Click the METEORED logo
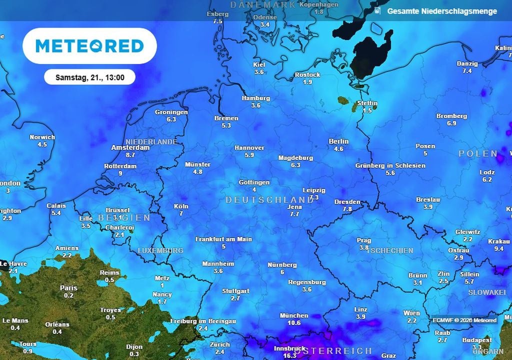pos(89,46)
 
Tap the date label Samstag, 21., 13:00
pos(89,77)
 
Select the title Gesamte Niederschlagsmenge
pos(442,11)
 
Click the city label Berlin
pos(338,141)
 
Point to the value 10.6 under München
pos(294,323)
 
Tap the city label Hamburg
pos(255,98)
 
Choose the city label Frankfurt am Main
pos(223,239)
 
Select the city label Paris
pos(68,288)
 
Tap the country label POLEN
pos(478,153)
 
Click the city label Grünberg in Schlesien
pos(390,165)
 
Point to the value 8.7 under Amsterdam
pos(130,155)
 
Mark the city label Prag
pos(364,240)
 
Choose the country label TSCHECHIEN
pos(390,250)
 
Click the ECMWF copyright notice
pos(464,320)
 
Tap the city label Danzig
pos(467,64)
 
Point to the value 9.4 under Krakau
pos(498,248)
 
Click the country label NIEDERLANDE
pos(151,142)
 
